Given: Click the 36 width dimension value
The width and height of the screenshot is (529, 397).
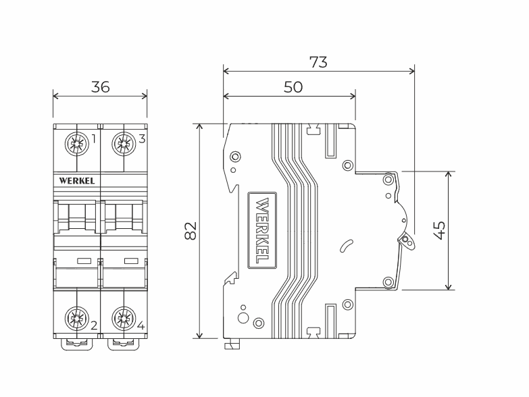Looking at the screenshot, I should pos(101,87).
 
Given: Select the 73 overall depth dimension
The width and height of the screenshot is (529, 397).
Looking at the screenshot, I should pos(318,62).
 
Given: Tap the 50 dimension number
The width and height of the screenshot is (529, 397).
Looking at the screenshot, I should pos(293,87).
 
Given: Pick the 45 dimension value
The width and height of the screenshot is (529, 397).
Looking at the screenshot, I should pos(439,230).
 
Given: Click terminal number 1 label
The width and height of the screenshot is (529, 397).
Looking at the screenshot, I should pos(93,140).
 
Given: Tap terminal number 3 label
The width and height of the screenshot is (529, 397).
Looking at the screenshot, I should pos(142,140).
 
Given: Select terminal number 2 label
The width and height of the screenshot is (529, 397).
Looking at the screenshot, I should pos(94,325).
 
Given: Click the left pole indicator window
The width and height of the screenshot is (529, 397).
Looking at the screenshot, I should pos(84,260).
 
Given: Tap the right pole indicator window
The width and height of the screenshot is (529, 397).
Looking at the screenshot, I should pos(131,260).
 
